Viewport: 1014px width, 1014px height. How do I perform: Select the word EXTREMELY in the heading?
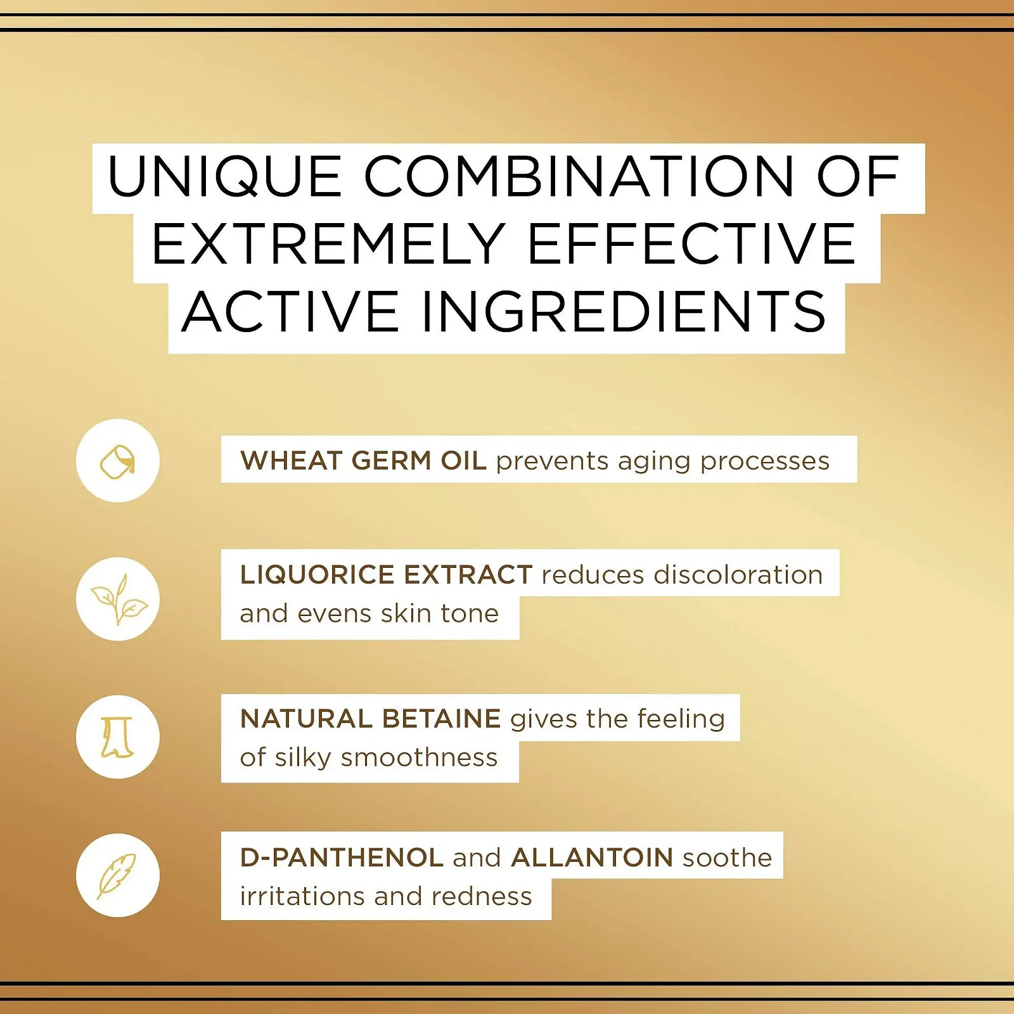click(328, 245)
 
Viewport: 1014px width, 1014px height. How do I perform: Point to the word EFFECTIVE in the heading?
click(691, 245)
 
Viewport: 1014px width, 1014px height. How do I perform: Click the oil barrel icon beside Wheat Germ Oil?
click(118, 461)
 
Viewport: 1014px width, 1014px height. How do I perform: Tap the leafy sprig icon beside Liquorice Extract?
click(118, 599)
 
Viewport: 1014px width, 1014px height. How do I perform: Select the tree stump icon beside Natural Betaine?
click(118, 737)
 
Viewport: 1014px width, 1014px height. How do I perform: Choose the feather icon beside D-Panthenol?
click(118, 875)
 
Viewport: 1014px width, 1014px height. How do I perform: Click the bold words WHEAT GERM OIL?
click(363, 461)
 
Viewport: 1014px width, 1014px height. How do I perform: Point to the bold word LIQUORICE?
click(318, 575)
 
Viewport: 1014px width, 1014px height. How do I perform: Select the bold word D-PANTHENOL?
click(342, 857)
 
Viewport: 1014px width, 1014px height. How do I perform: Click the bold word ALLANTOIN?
click(592, 857)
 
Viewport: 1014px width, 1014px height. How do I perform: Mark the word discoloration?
click(738, 575)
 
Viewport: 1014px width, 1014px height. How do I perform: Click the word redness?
click(482, 896)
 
